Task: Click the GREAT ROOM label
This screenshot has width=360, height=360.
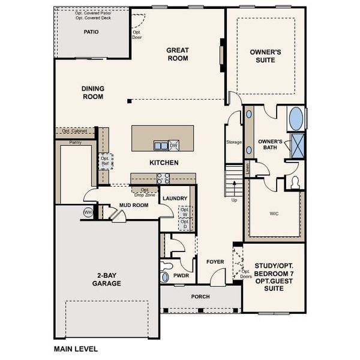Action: [x=178, y=55]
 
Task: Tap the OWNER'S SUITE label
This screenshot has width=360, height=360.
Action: [x=266, y=56]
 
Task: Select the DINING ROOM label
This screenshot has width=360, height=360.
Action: [x=93, y=92]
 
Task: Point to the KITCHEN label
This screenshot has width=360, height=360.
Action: [x=164, y=163]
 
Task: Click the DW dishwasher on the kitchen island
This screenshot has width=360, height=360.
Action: [x=173, y=145]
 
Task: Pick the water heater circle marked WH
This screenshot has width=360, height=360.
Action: [x=88, y=212]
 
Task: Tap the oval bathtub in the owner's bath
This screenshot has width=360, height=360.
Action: [x=296, y=118]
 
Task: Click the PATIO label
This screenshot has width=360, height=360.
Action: [x=91, y=32]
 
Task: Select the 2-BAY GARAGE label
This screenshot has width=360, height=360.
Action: [x=107, y=280]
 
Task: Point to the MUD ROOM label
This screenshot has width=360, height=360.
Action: [x=133, y=205]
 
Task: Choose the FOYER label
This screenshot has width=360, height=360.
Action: [x=215, y=262]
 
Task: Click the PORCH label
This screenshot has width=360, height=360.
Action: [x=200, y=297]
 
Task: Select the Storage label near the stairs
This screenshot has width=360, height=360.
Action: [x=234, y=142]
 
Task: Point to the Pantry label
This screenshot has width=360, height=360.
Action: [x=76, y=142]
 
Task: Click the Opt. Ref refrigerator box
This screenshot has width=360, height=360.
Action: [x=105, y=161]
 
